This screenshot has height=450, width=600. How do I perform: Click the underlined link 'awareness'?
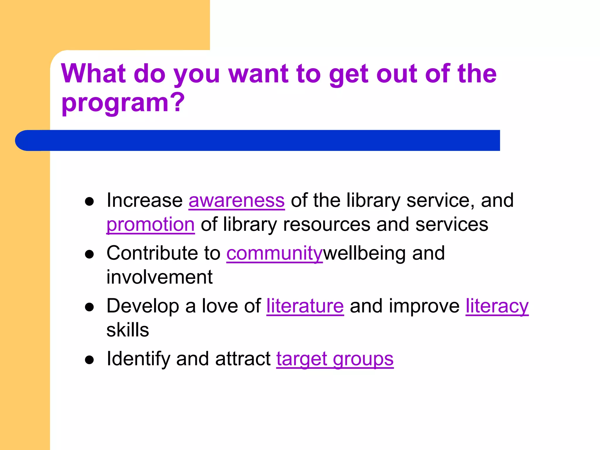[x=236, y=201]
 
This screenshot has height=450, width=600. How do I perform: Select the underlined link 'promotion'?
[x=150, y=225]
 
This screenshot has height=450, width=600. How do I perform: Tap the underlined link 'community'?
[x=274, y=253]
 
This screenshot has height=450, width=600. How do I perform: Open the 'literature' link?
[x=305, y=306]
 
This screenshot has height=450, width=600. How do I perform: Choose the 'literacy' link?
[x=497, y=306]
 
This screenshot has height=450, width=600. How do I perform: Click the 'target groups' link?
[x=335, y=359]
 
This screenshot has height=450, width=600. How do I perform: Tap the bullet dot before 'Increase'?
[x=89, y=202]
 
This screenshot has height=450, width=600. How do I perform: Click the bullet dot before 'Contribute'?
[x=89, y=254]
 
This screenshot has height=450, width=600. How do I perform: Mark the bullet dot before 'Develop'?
[x=89, y=307]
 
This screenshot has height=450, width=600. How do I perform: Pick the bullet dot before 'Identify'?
[x=89, y=360]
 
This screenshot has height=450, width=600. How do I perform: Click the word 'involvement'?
[x=159, y=277]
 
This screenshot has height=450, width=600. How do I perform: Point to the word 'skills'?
[x=128, y=330]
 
